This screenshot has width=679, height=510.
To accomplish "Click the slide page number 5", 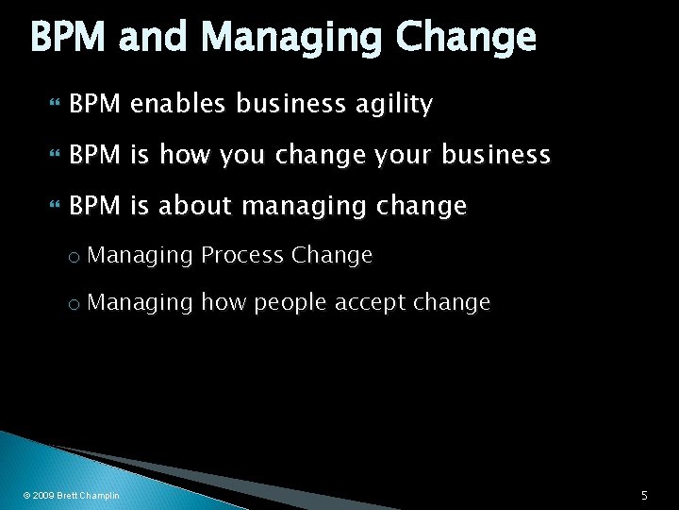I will pyautogui.click(x=643, y=495).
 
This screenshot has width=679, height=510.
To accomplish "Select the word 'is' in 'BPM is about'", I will pyautogui.click(x=144, y=205).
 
